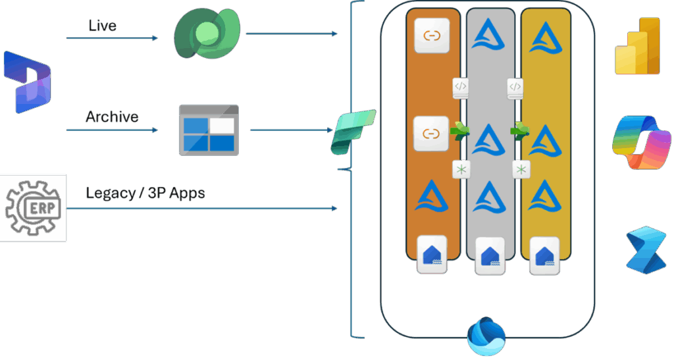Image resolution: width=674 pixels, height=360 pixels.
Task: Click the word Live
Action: coord(102,26)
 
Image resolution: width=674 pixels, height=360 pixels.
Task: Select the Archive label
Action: coord(112,116)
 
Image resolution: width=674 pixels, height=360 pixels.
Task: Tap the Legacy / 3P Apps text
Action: coord(145,193)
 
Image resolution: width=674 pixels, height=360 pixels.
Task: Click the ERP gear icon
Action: coord(33,208)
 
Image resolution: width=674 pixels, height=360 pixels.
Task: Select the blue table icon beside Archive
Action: coord(209,130)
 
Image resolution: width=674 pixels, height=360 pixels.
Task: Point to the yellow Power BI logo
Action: coord(636,46)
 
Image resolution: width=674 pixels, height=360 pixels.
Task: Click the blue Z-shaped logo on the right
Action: coord(646,249)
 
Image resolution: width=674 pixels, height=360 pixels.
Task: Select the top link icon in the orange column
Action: coord(431,36)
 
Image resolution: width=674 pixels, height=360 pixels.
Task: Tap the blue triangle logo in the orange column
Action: coord(432,195)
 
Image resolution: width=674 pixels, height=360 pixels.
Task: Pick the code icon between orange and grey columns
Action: coord(461,87)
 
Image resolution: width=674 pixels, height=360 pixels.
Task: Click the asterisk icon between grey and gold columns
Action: coord(521,170)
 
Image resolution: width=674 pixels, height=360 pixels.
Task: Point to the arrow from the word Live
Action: coord(112,38)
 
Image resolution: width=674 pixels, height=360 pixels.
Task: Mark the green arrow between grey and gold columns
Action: coord(520,131)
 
